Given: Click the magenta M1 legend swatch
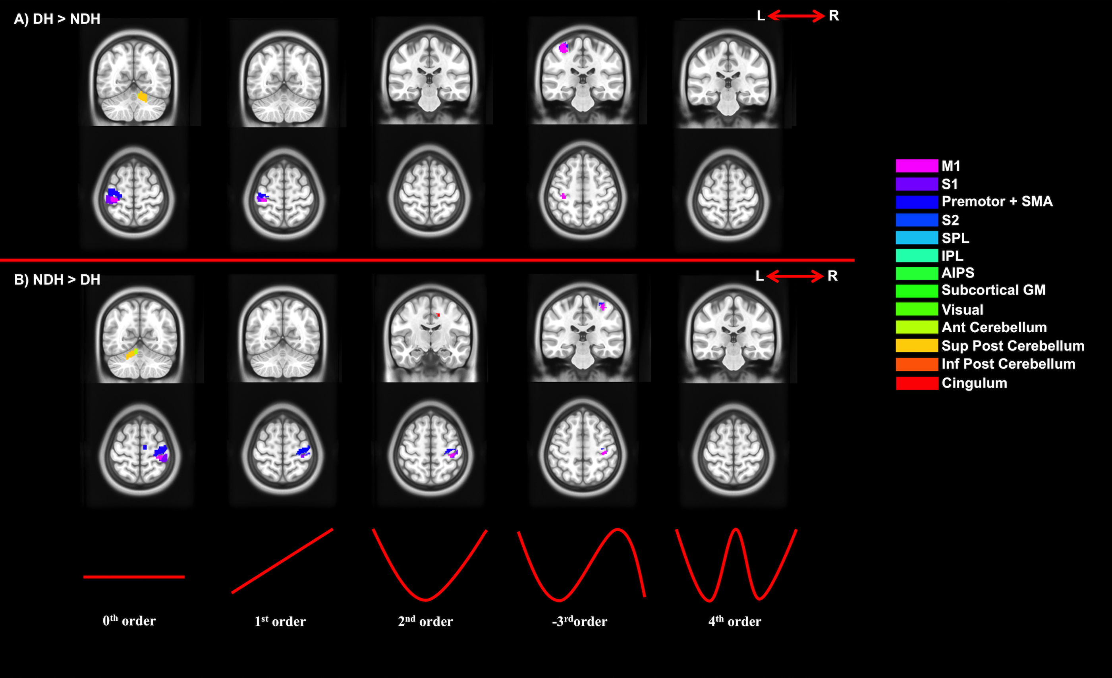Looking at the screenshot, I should (x=917, y=166).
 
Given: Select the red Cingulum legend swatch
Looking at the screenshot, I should (x=917, y=383).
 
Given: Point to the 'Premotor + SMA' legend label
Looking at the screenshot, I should (x=996, y=201).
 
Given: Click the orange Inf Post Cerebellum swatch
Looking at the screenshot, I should (x=917, y=364).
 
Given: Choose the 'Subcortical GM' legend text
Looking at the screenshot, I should (x=993, y=290).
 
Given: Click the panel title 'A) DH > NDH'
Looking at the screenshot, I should (x=57, y=19).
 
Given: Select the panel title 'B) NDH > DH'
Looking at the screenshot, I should (x=57, y=280).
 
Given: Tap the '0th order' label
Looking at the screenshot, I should (x=129, y=621).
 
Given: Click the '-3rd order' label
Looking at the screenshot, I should (x=579, y=621).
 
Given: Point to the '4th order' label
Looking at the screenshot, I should (x=734, y=621).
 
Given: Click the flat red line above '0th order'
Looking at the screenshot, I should (x=134, y=576).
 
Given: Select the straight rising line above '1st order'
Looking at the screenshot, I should (x=282, y=561).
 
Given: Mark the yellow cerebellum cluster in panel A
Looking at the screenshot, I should (x=143, y=96).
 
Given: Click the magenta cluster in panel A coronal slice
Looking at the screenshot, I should (x=563, y=47).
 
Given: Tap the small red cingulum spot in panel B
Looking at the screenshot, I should (x=438, y=314).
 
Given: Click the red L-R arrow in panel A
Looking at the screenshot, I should (x=796, y=16).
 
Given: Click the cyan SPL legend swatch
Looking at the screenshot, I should (x=917, y=238).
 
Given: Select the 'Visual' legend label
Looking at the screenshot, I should (x=962, y=310).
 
